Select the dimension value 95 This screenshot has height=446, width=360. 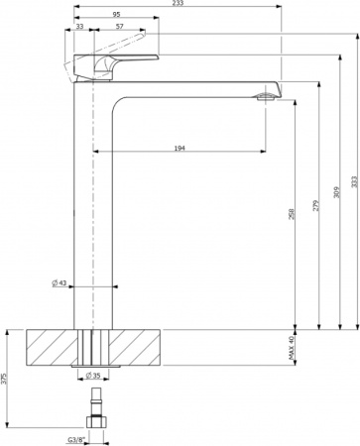[117, 16]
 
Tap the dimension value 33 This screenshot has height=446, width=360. [79, 28]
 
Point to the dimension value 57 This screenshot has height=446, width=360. [119, 28]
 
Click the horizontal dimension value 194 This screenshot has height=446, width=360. [178, 147]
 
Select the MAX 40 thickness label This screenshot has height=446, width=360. [292, 346]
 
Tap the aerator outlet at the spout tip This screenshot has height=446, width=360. [263, 97]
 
